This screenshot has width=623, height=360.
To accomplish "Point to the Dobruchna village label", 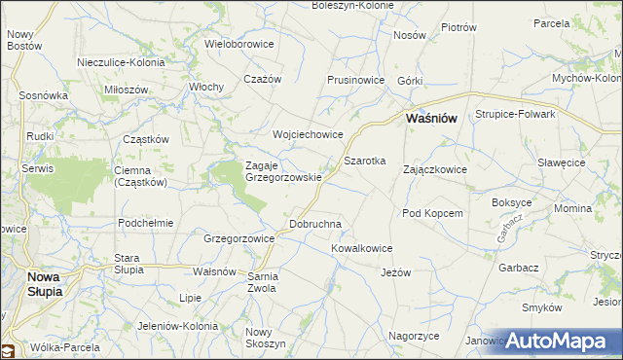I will [316, 224].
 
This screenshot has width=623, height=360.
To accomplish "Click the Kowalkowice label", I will [361, 248].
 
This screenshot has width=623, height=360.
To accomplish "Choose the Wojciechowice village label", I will [309, 134].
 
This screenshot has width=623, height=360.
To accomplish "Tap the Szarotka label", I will [365, 160].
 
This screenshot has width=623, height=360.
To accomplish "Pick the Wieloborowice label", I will [239, 44].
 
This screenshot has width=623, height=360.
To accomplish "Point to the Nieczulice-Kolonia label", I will [121, 62].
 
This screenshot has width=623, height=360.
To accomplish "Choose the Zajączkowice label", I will [435, 169].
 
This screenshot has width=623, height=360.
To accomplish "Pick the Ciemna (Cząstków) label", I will [142, 175].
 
